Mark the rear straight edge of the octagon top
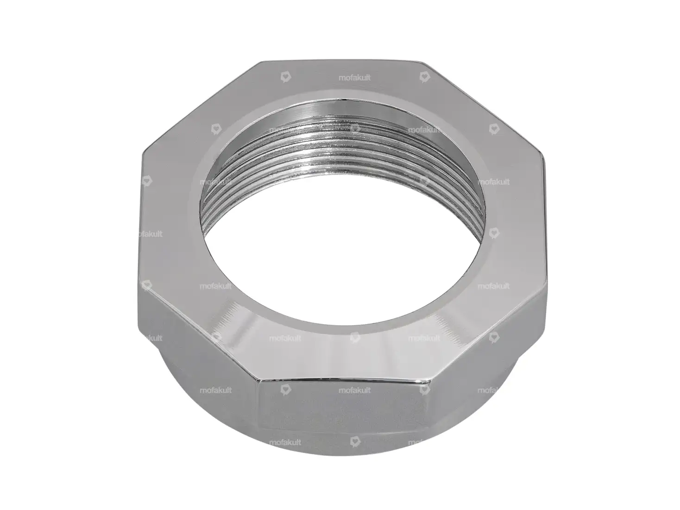click(340, 61)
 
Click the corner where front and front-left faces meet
click(259, 382)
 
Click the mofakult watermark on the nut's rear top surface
click(354, 78)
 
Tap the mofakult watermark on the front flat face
click(354, 390)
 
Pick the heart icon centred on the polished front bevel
click(355, 338)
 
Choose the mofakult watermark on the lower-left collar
click(215, 390)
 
